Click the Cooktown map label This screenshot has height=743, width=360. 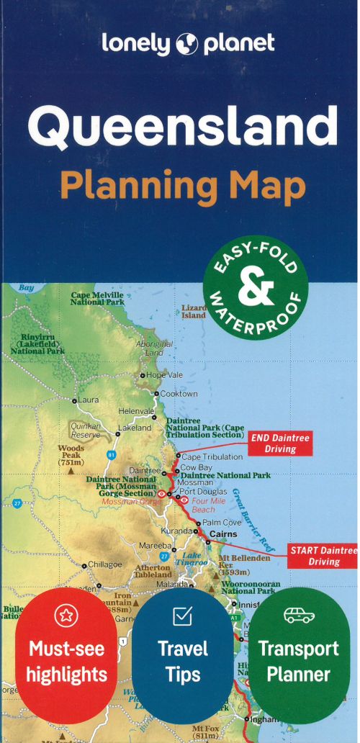click(179, 394)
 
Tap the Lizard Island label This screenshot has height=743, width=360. click(194, 311)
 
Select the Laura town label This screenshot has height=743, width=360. click(88, 400)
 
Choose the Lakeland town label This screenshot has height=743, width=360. click(135, 428)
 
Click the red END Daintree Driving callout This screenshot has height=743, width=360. click(281, 443)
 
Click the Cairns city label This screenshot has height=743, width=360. click(223, 534)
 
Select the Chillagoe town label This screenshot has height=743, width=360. click(104, 565)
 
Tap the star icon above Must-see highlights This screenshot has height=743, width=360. click(68, 617)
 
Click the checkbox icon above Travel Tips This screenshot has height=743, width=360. click(183, 616)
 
